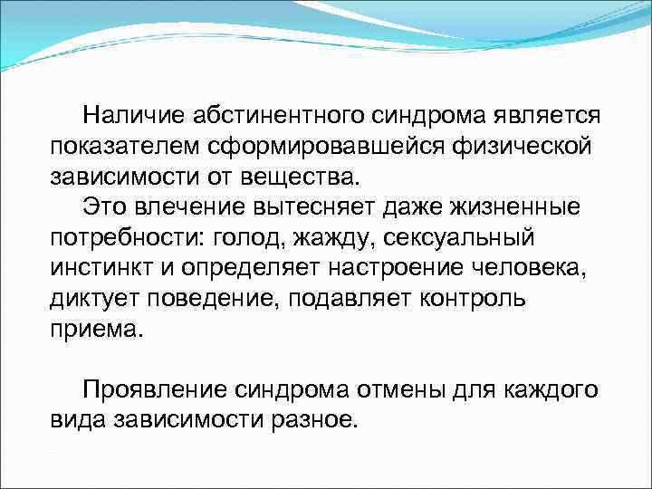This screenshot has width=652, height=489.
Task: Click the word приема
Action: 96,328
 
